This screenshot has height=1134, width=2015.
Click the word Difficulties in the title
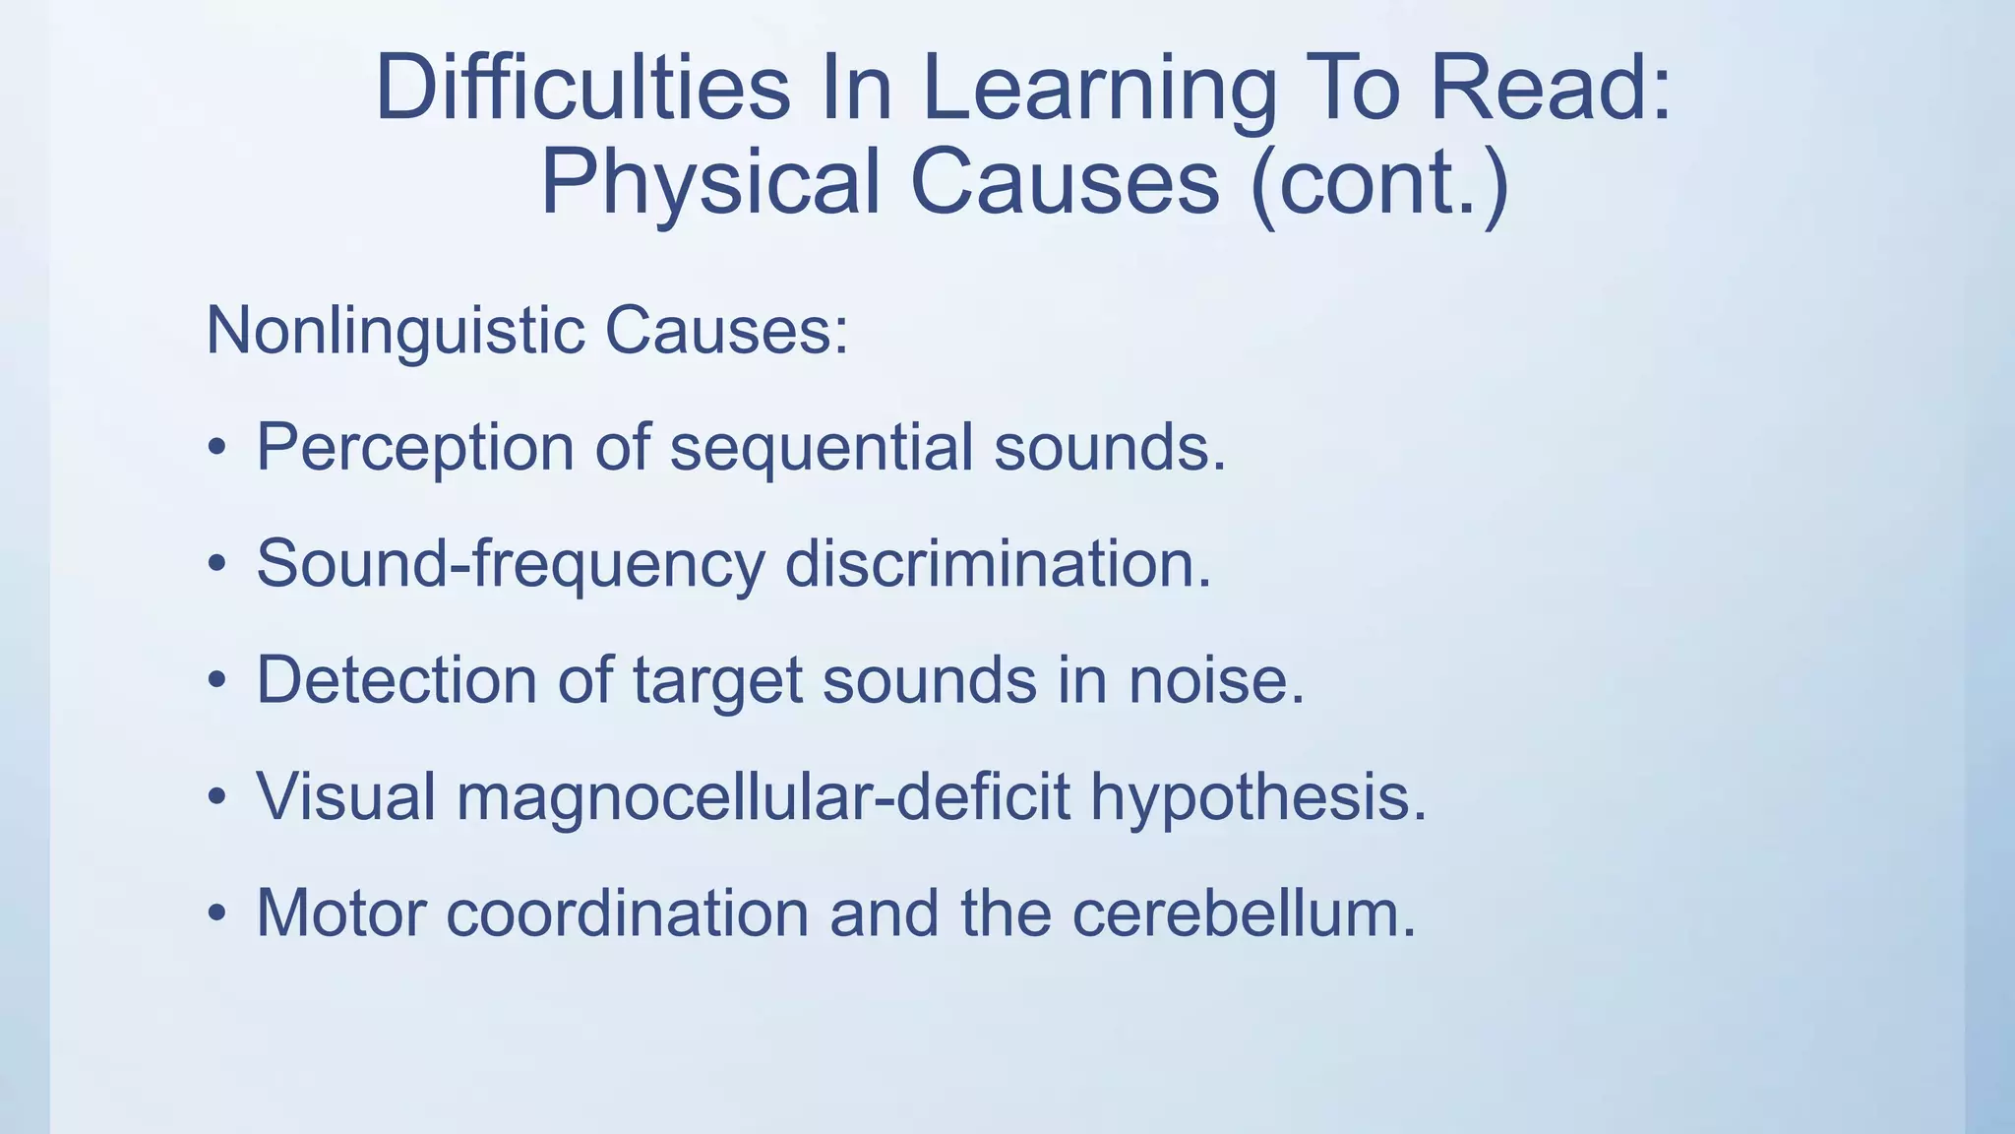[582, 89]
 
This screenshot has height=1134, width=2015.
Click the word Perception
[414, 449]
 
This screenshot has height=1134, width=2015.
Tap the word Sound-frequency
[510, 565]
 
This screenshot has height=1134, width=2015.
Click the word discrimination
[998, 565]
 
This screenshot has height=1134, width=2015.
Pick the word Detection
[396, 680]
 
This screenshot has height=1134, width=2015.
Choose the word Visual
[345, 796]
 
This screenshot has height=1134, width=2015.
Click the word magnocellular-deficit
[763, 796]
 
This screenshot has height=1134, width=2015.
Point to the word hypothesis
[1257, 798]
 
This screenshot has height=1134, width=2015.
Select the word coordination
[627, 913]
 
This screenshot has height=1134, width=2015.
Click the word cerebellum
[1244, 913]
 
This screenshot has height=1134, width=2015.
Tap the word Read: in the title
[1550, 89]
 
